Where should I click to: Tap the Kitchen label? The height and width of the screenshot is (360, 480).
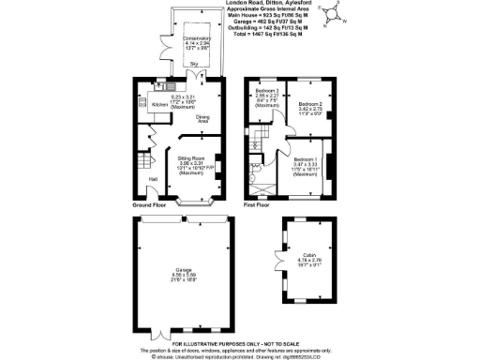[159, 104]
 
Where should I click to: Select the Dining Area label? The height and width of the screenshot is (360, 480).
[202, 118]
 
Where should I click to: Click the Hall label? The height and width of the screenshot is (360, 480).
[152, 178]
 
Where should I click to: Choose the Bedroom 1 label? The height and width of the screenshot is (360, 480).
[305, 159]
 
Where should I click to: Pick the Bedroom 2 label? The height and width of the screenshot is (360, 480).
[310, 104]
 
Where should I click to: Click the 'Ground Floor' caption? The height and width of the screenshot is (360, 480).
[149, 204]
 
